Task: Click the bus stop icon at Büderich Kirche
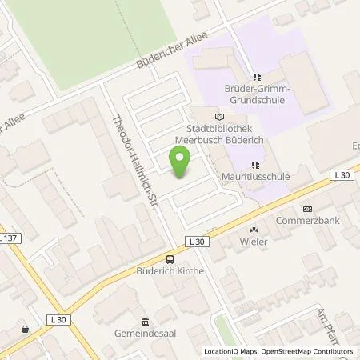click(x=169, y=258)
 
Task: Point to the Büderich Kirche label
click(x=170, y=271)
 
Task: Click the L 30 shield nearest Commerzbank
click(x=342, y=174)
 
